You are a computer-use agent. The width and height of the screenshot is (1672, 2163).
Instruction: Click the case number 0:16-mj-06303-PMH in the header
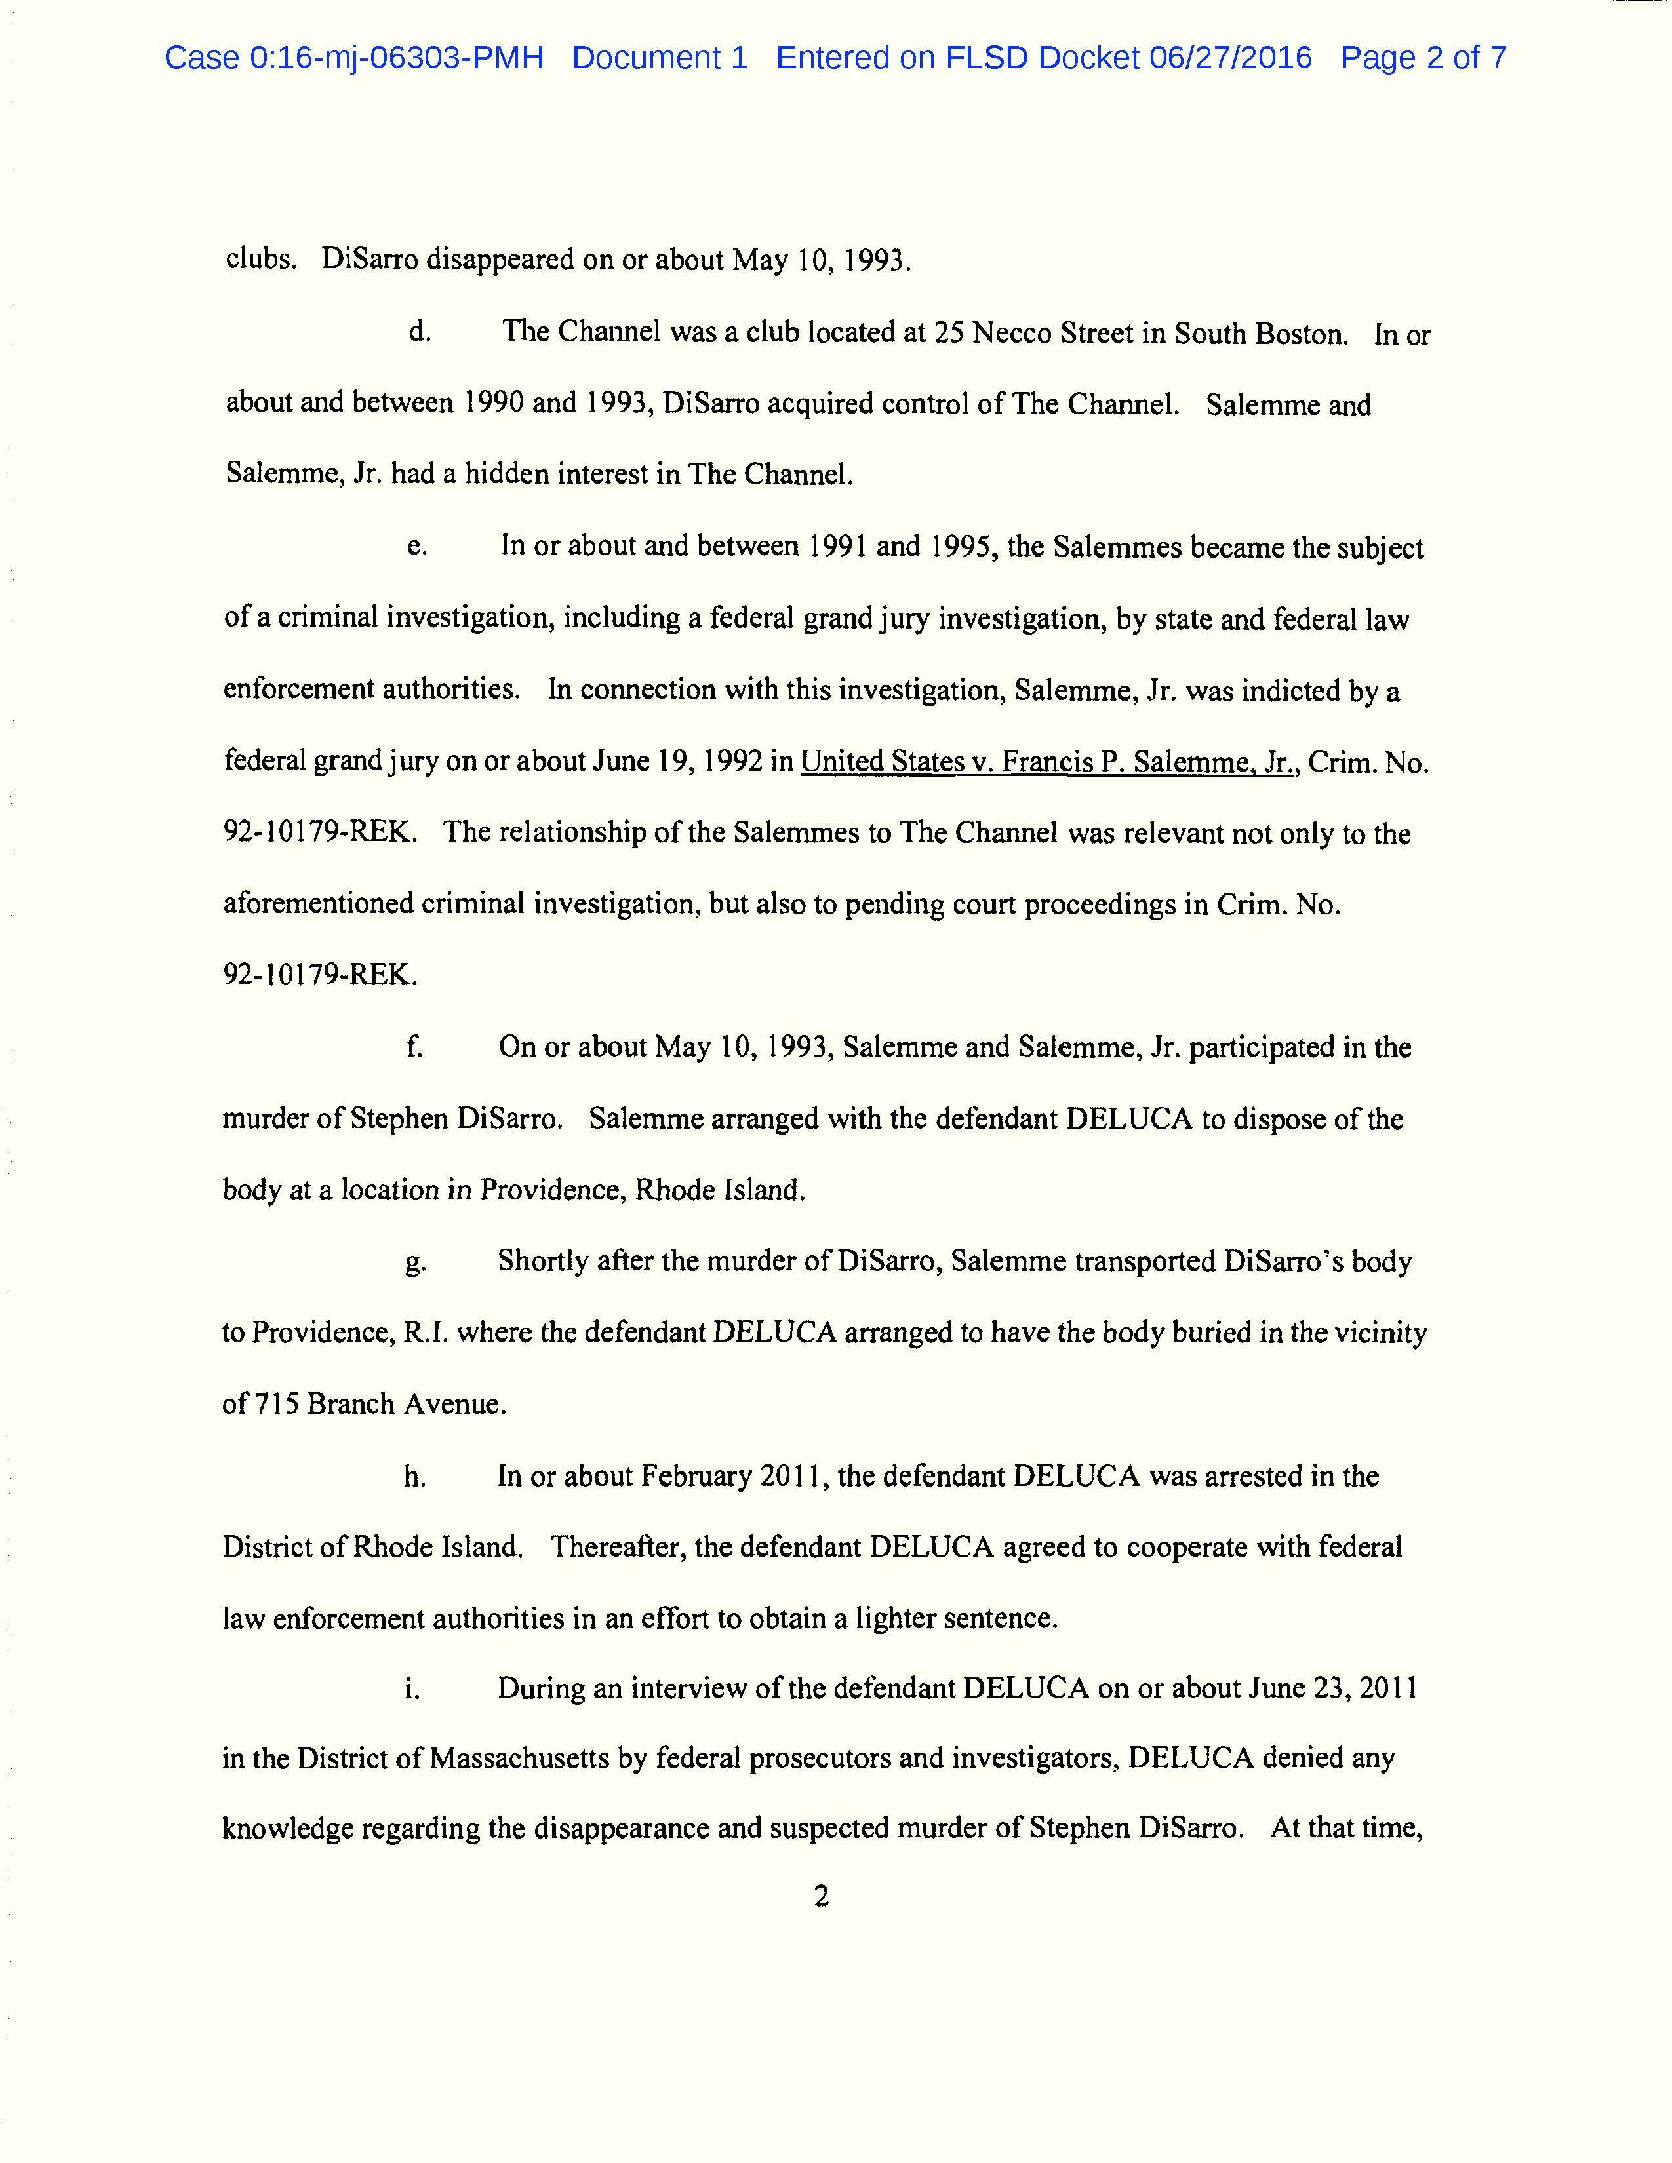[x=353, y=58]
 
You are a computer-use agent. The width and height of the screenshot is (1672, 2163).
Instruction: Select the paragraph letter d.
[x=419, y=333]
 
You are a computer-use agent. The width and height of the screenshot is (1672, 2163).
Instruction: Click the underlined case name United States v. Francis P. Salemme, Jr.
[x=1050, y=762]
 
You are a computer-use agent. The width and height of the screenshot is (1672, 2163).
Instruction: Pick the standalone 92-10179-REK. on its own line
[x=320, y=975]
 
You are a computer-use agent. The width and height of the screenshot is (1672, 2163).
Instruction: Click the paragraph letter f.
[x=414, y=1047]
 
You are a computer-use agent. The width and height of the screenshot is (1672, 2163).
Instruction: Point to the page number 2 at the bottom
[x=820, y=1897]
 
